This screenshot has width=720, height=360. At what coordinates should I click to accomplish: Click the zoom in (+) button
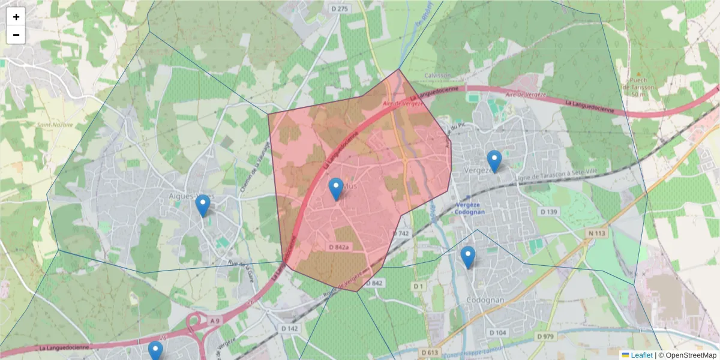point(16,17)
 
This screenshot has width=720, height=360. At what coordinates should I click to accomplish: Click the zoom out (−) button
point(16,35)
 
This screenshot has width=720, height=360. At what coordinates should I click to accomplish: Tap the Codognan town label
point(487,299)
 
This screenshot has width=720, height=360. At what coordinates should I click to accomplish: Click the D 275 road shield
point(340,8)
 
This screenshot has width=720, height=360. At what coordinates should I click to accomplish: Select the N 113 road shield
point(595,231)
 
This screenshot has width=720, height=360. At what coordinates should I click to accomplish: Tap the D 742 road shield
point(401,233)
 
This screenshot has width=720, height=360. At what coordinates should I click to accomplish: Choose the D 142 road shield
point(289,328)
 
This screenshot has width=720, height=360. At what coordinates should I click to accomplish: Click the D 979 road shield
point(544,336)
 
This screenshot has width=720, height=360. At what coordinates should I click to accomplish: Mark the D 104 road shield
point(497,332)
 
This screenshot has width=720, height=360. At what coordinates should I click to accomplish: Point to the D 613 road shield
point(428,352)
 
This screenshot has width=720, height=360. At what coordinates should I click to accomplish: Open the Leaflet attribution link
point(641,355)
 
